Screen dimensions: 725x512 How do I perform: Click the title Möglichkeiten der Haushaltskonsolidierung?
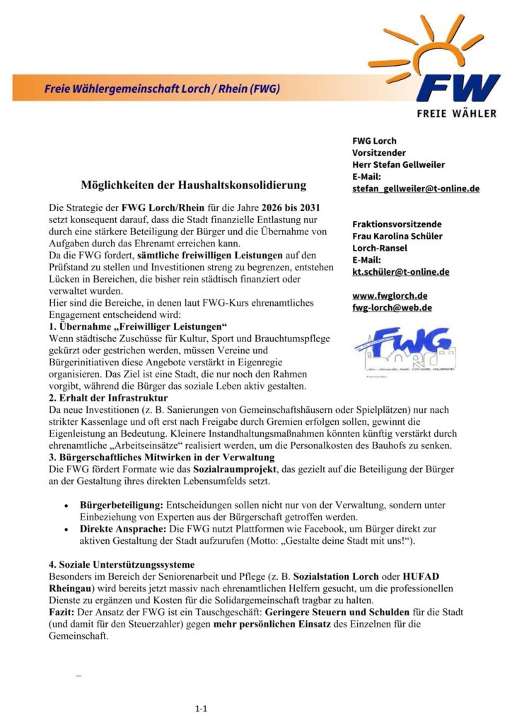(194, 185)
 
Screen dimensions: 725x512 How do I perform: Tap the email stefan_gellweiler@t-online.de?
(416, 189)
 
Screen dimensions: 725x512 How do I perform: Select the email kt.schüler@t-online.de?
(400, 272)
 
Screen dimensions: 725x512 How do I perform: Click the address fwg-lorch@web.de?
(392, 308)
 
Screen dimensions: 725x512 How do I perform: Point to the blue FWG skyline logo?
(404, 351)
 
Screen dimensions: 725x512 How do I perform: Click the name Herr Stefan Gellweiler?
(398, 165)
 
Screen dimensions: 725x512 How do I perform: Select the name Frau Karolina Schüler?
(398, 236)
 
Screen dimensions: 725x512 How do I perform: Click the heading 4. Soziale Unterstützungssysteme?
(131, 565)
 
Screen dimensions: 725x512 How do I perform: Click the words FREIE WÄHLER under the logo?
(456, 113)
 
